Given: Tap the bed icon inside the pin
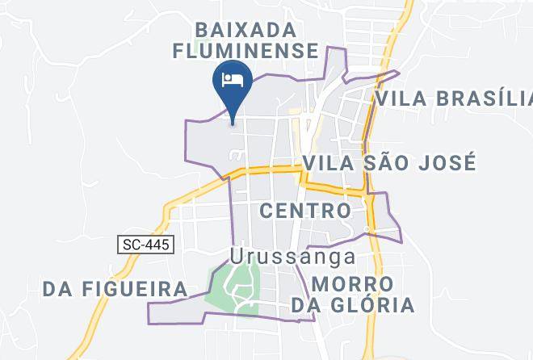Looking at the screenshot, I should click(x=233, y=79).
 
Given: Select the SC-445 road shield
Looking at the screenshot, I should click(x=147, y=244).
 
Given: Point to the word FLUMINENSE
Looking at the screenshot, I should click(x=246, y=51).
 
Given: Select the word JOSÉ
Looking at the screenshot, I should click(x=446, y=163).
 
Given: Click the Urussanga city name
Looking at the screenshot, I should click(x=292, y=257).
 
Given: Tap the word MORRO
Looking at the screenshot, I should click(x=353, y=284).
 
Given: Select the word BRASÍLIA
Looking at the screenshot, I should click(x=483, y=98).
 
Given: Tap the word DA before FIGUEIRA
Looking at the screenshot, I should click(x=60, y=288).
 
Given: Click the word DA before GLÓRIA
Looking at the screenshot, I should click(x=308, y=305).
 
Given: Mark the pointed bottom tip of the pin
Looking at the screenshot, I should click(x=233, y=123).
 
